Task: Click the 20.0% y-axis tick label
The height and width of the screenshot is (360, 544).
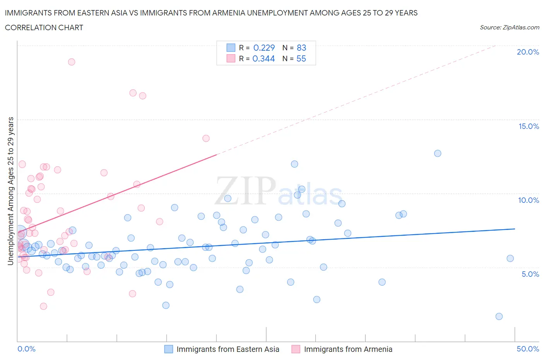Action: tap(528, 52)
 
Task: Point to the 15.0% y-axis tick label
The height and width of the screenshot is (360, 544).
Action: tap(529, 126)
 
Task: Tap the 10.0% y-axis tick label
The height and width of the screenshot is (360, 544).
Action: tap(529, 200)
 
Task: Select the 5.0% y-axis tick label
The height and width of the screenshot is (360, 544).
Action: tap(530, 274)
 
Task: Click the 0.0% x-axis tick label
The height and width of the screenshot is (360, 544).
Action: tap(26, 349)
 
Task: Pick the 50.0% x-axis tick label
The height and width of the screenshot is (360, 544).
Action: tap(528, 349)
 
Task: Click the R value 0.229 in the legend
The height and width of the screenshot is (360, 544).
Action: tap(264, 48)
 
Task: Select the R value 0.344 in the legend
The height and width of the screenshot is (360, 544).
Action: tap(263, 58)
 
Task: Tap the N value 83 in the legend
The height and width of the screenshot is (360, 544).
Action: tap(301, 48)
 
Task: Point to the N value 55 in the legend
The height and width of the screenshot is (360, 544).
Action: tap(301, 58)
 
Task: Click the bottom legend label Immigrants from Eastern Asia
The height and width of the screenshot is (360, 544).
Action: tap(228, 349)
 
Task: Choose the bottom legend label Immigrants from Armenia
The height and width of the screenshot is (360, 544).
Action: tap(348, 349)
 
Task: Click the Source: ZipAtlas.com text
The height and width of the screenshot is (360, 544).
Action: tap(509, 27)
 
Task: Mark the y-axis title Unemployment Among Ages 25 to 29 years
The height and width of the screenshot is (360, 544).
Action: tap(11, 191)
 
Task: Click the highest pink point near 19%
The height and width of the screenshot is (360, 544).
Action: tap(72, 62)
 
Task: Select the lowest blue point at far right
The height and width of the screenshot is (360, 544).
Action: tap(499, 316)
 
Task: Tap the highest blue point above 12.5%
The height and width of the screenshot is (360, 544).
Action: tap(438, 153)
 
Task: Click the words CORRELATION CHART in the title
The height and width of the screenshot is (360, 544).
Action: tap(44, 27)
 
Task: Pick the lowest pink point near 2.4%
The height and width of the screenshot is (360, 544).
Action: tap(44, 306)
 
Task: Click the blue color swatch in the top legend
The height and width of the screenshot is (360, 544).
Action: tap(231, 48)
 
